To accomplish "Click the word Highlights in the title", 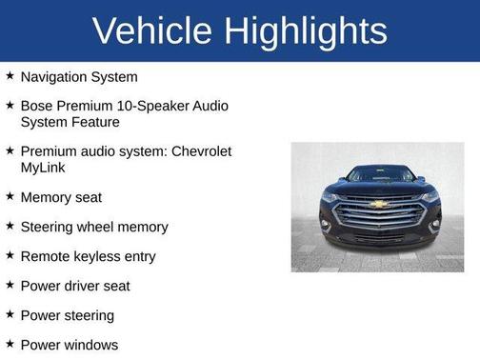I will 307,30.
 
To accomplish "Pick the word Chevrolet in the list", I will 199,151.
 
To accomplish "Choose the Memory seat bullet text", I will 61,197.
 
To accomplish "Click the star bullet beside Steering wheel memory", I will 10,226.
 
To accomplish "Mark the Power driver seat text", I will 75,286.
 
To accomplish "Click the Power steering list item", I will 68,315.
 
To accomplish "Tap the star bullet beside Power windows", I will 10,344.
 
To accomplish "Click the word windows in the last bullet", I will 92,345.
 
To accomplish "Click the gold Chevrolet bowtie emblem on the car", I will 378,204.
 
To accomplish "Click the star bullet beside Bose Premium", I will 10,105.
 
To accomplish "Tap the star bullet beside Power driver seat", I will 10,285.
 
